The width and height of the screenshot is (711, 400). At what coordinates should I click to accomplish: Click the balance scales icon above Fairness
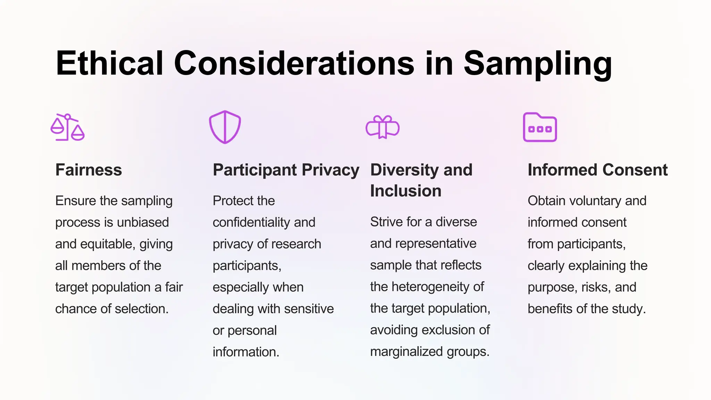pos(68,127)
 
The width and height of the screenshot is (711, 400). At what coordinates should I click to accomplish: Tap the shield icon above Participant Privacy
pos(225,127)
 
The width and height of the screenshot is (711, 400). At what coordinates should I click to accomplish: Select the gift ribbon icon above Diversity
pos(383,127)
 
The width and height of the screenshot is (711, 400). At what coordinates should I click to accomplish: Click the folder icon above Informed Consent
pos(540,127)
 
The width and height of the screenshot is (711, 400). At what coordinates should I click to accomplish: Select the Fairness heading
pos(89,170)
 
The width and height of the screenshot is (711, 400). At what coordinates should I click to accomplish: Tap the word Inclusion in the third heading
pos(405,191)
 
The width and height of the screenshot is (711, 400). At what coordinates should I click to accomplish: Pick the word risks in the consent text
pos(596,287)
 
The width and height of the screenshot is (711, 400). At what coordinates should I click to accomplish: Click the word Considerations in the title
pos(294,63)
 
